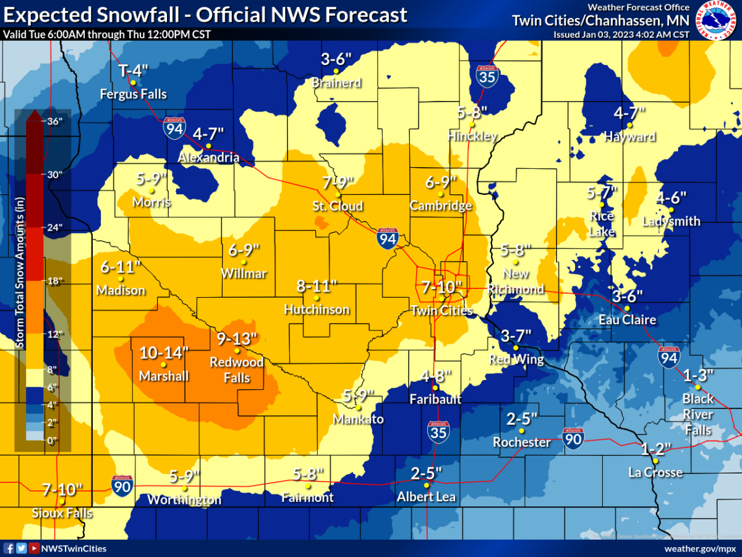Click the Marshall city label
[x=163, y=376]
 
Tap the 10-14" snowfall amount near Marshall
[x=163, y=353]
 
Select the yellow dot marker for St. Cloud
[x=338, y=194]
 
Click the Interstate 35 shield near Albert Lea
[x=438, y=431]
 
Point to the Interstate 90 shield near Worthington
[x=121, y=485]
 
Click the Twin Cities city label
[x=443, y=310]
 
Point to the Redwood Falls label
[x=237, y=369]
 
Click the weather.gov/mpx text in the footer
[x=698, y=548]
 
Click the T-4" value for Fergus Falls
[x=134, y=70]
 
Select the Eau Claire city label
[x=627, y=320]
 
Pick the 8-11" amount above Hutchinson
[x=317, y=286]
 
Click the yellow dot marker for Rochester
[x=522, y=431]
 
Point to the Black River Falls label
[x=697, y=414]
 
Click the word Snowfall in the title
[x=141, y=14]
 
